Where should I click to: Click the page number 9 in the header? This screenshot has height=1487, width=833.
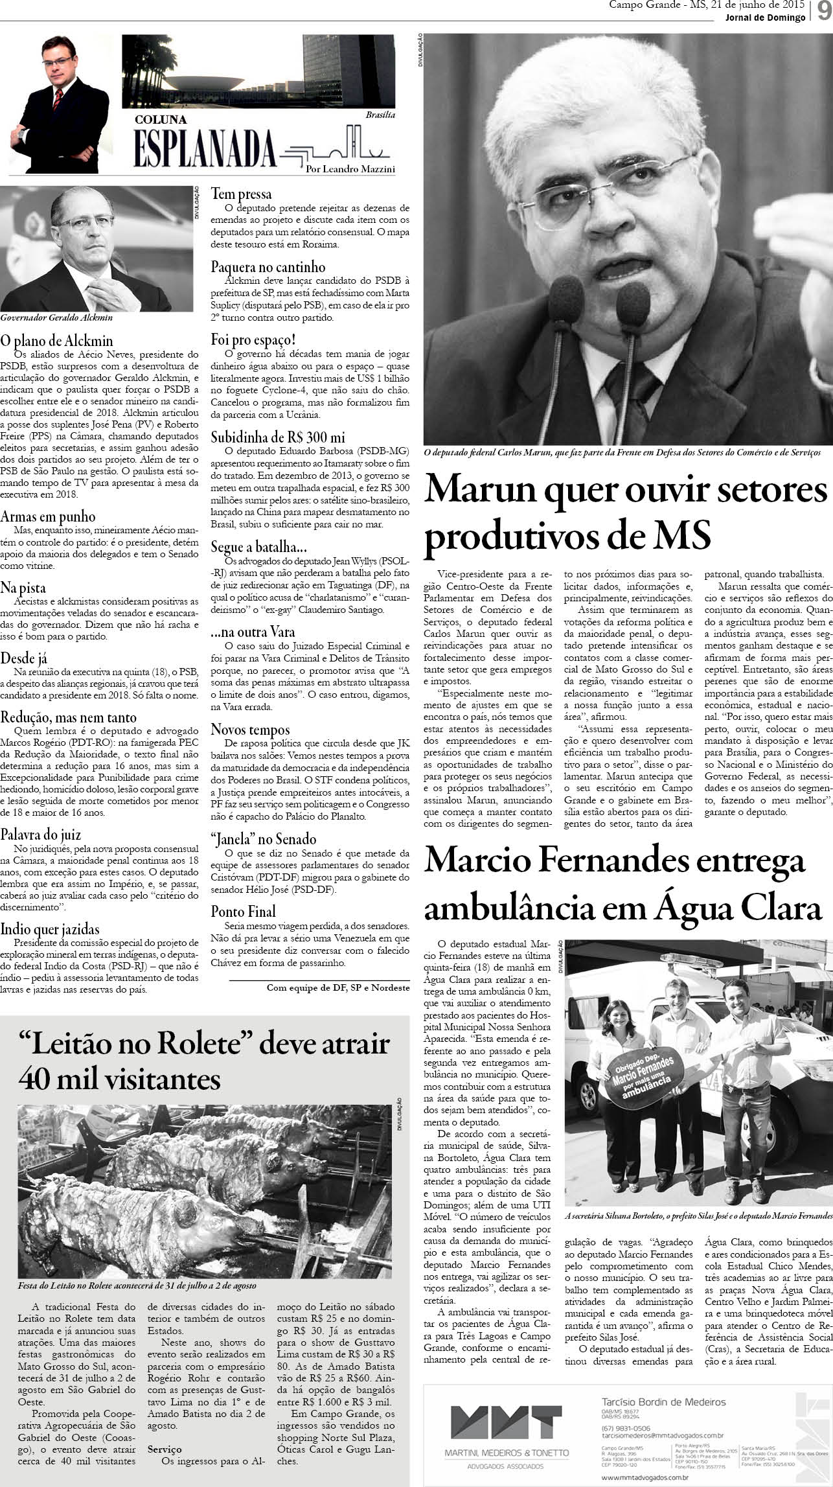click(x=822, y=12)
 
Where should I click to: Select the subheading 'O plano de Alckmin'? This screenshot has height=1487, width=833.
click(x=57, y=341)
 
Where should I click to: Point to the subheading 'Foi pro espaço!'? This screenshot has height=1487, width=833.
click(x=254, y=340)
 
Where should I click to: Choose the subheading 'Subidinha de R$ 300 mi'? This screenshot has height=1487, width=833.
click(x=278, y=437)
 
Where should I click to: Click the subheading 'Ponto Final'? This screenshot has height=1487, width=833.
click(x=244, y=911)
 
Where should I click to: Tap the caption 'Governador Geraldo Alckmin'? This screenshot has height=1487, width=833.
click(x=57, y=318)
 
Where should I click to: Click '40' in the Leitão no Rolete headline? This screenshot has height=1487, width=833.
click(x=38, y=1079)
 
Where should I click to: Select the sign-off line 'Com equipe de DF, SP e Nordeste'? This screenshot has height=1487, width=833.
click(x=338, y=988)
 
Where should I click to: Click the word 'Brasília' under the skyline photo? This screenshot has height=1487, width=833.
click(x=380, y=115)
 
